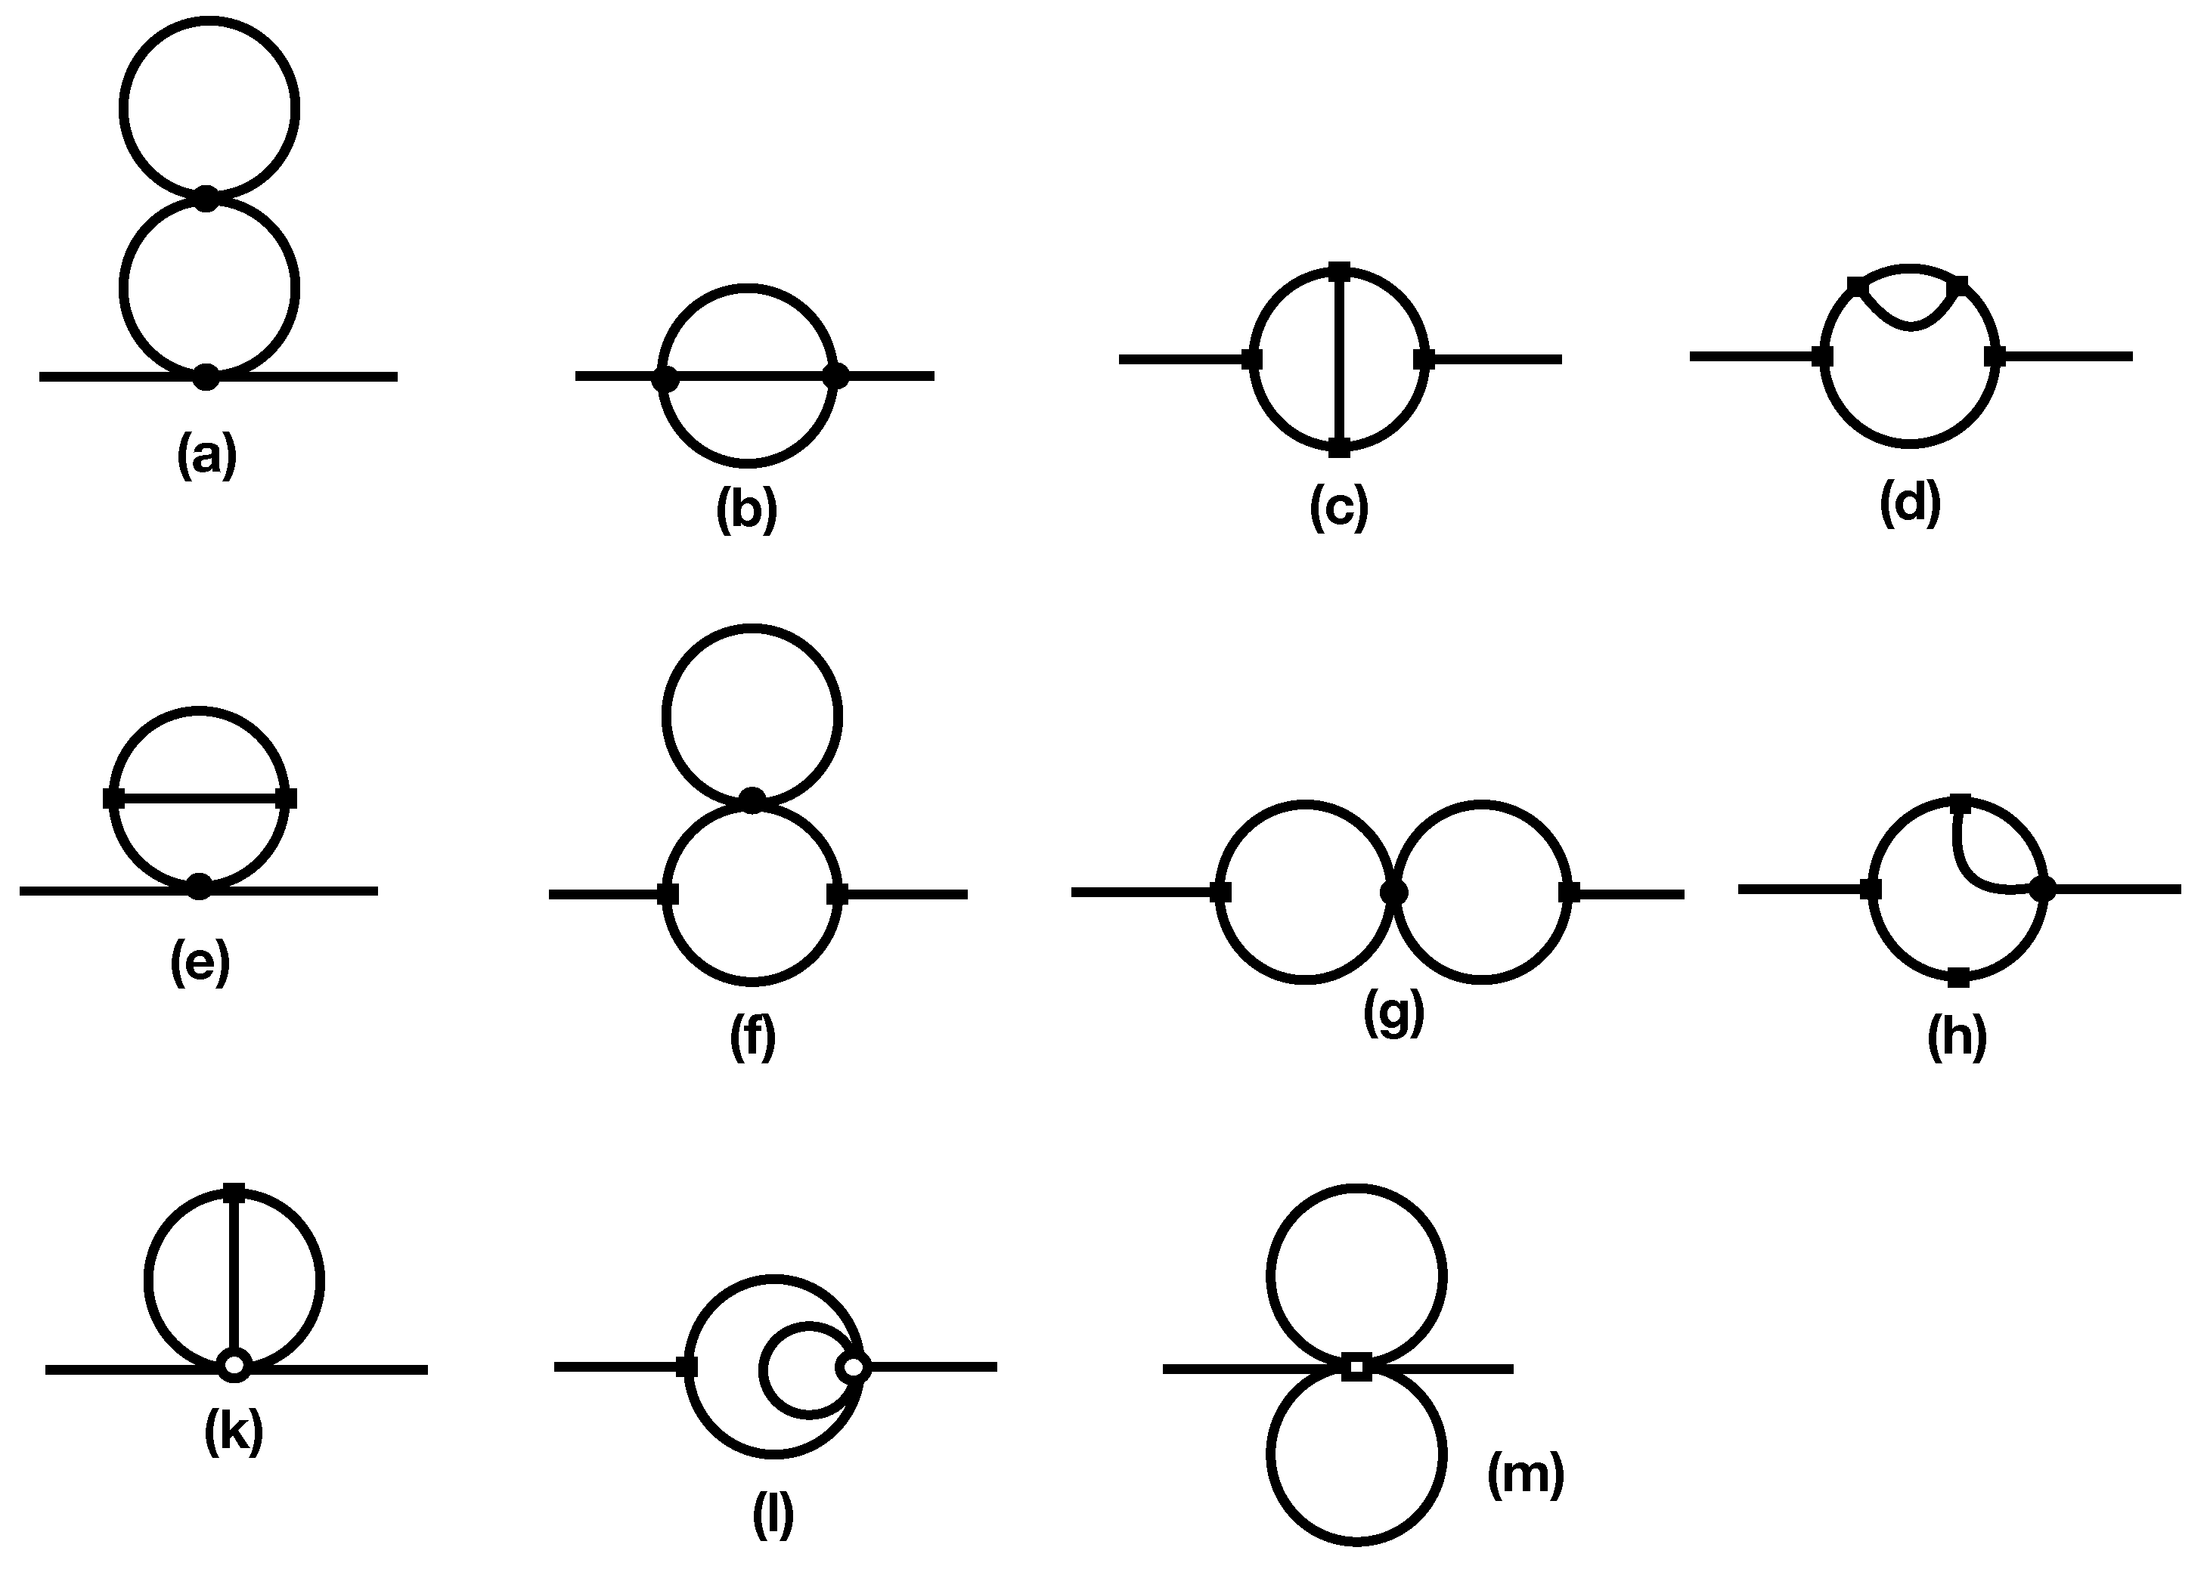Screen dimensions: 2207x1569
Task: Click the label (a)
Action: pyautogui.click(x=206, y=455)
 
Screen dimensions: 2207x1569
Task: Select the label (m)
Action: pyautogui.click(x=1526, y=1475)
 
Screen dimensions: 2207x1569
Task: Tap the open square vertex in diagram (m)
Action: pyautogui.click(x=1356, y=1367)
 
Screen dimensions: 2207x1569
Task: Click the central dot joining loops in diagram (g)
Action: pyautogui.click(x=1393, y=893)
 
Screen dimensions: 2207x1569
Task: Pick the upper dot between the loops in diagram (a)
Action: pyautogui.click(x=206, y=199)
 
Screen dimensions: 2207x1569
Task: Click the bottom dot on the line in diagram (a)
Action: pyautogui.click(x=206, y=377)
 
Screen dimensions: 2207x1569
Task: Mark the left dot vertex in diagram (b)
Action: pyautogui.click(x=665, y=379)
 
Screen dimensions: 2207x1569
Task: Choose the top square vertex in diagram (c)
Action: pyautogui.click(x=1339, y=271)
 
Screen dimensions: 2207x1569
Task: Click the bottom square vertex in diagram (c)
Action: pyautogui.click(x=1339, y=447)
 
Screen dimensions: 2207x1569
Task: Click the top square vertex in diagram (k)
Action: pyautogui.click(x=234, y=1192)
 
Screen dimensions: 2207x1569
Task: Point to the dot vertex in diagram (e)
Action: pyautogui.click(x=199, y=886)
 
